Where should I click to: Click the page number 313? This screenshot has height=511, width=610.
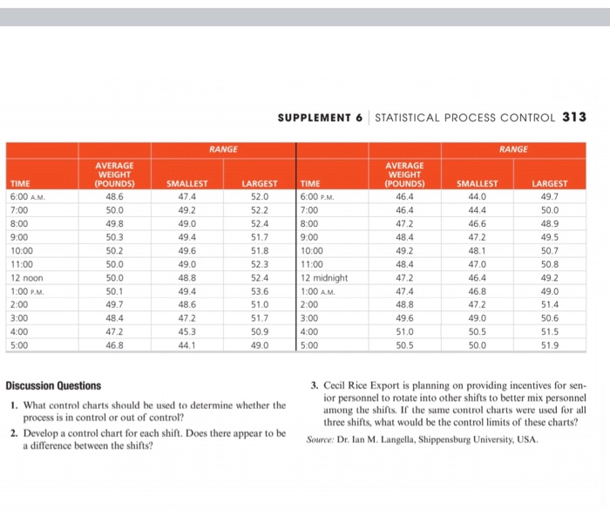point(573,118)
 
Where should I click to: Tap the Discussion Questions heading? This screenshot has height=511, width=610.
point(53,385)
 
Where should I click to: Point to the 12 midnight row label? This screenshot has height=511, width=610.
point(324,276)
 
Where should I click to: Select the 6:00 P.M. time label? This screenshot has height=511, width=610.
point(320,198)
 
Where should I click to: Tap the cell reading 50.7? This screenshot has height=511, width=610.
point(549,250)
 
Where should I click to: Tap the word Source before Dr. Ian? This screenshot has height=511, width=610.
point(323,439)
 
